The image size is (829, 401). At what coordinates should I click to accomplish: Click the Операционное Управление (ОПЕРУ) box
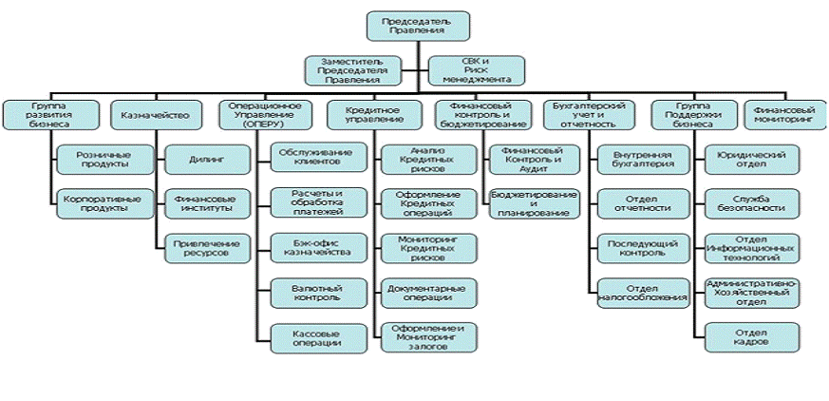point(266,115)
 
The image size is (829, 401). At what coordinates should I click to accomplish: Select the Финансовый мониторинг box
point(784,115)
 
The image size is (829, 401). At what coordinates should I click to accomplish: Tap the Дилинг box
point(207,160)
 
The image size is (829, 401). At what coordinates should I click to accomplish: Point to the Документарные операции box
point(421,291)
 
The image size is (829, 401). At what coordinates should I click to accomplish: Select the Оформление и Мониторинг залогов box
point(421,336)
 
